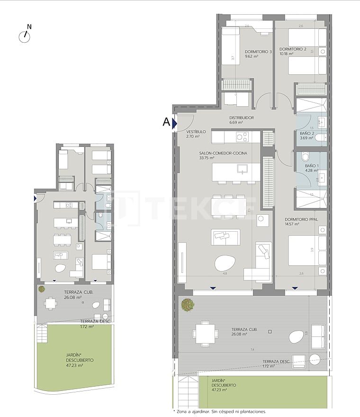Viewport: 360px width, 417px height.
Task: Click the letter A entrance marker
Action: pos(166,122)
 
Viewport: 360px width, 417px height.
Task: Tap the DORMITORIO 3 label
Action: pos(258,52)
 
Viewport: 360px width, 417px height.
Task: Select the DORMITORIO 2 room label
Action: pos(293,49)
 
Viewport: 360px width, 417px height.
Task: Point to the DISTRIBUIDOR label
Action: pos(242,118)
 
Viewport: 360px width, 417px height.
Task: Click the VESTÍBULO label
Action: pos(196,131)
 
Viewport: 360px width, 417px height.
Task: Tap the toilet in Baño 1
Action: pos(305,157)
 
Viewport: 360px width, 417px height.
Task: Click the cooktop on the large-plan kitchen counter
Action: pos(242,137)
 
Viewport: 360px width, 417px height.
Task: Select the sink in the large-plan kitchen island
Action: pos(242,169)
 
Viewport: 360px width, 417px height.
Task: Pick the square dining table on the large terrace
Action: pos(205,333)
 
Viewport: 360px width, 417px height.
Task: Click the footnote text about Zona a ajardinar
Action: pos(220,412)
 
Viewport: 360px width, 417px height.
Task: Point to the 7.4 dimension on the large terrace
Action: pos(252,349)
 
